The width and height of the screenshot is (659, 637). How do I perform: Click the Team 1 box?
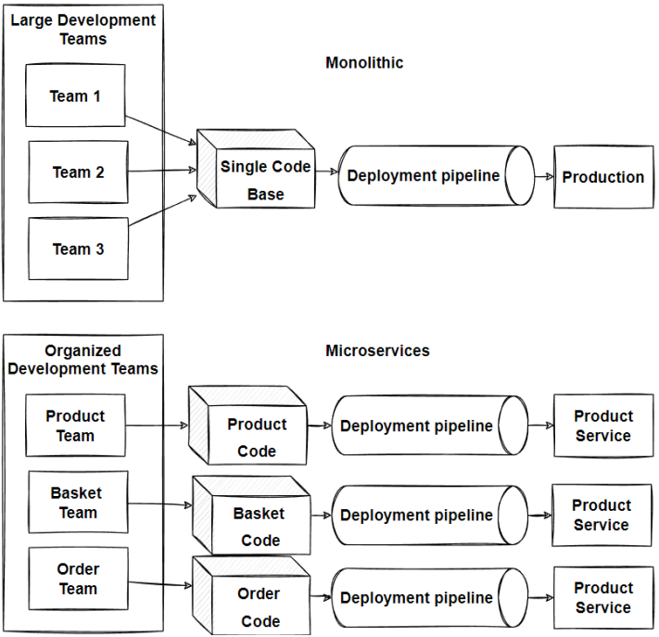pos(75,96)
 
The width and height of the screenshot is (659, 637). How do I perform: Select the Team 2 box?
pos(78,172)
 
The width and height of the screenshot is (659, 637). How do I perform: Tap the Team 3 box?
pos(78,248)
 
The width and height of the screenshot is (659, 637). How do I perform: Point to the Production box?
pos(602,177)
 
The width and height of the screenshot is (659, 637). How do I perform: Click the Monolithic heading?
pos(364,63)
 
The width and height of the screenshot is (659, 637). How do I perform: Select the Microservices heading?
pos(377,350)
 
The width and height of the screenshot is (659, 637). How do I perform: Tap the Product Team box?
pos(75,426)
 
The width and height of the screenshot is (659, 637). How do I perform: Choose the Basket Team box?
pos(77,503)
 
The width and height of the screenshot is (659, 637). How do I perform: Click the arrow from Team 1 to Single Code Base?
pos(160,130)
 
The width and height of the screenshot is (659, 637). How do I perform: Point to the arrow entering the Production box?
pos(544,176)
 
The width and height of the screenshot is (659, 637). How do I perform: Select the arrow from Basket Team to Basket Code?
pos(159,504)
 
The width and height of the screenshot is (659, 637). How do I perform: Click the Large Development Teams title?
pos(83,29)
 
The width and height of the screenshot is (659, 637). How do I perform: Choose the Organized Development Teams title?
pos(83,360)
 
